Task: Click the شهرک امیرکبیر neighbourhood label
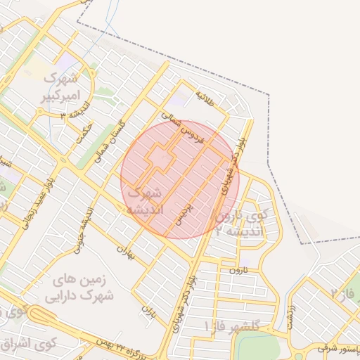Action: click(x=67, y=85)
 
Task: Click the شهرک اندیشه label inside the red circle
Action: click(x=146, y=200)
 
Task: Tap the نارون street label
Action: click(x=239, y=269)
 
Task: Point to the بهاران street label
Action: click(x=125, y=250)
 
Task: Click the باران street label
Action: click(x=148, y=309)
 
